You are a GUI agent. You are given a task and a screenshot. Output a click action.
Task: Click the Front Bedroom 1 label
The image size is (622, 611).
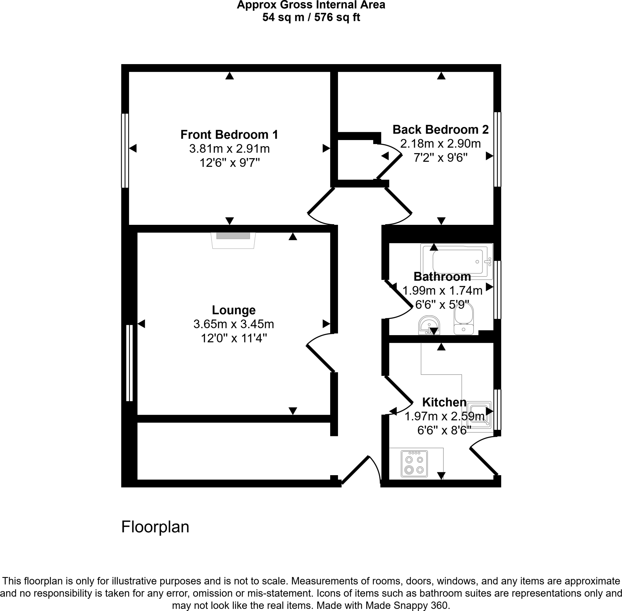coord(229,135)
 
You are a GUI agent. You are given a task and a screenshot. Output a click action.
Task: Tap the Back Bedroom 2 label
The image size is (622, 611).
coord(440,130)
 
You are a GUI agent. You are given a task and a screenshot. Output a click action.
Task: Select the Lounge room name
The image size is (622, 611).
coord(234,310)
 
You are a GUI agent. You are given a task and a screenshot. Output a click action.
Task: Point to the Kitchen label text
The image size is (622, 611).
coord(444,402)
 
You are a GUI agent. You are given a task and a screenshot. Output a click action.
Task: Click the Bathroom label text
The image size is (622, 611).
coord(442,276)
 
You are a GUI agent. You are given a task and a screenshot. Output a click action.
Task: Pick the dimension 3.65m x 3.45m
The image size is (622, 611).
coord(234,324)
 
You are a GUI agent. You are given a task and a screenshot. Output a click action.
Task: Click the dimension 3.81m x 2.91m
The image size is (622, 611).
coord(229,149)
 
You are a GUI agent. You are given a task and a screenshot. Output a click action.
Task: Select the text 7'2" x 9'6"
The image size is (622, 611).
coord(440,158)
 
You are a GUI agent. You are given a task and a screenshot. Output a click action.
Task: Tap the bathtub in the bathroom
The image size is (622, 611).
coord(457,262)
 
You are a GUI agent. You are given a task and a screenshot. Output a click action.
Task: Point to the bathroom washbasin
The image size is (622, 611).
coord(429,325)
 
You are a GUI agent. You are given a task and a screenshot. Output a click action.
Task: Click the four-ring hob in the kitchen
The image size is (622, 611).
coord(414,464)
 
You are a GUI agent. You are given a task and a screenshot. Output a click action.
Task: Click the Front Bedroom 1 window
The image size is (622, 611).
coord(125,150)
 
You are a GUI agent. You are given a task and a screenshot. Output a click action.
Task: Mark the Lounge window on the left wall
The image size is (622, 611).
coord(129,363)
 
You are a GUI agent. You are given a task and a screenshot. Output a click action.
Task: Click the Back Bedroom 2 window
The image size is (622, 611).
coord(497,149)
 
